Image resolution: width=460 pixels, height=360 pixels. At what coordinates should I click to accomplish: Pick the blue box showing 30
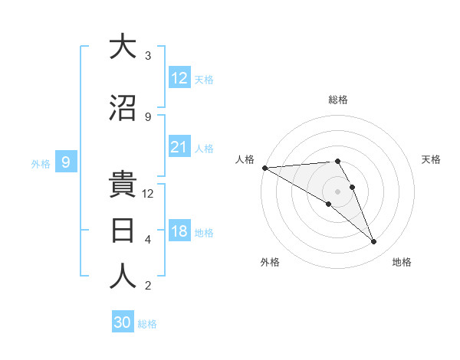tap(123, 322)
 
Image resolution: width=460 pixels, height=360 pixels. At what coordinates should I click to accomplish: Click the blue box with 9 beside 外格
tap(67, 162)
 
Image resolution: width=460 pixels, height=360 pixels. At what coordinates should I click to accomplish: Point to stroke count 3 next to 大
tap(148, 56)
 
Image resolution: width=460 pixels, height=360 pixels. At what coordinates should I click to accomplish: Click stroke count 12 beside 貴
tap(148, 194)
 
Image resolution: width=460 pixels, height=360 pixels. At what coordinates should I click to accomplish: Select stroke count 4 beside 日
tap(148, 240)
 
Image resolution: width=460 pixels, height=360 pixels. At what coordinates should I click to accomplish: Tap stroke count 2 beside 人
tap(148, 286)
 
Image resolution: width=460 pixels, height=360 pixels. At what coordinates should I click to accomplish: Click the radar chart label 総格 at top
tap(338, 100)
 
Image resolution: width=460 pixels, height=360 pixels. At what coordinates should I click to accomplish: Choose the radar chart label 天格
tap(432, 159)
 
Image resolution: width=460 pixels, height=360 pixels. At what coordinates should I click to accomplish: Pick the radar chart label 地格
tap(402, 262)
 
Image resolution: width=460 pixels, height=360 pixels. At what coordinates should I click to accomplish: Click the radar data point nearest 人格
tap(264, 168)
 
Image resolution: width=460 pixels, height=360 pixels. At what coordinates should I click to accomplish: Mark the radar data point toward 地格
tap(374, 242)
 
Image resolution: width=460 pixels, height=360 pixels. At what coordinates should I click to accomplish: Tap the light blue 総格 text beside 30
tap(147, 324)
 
